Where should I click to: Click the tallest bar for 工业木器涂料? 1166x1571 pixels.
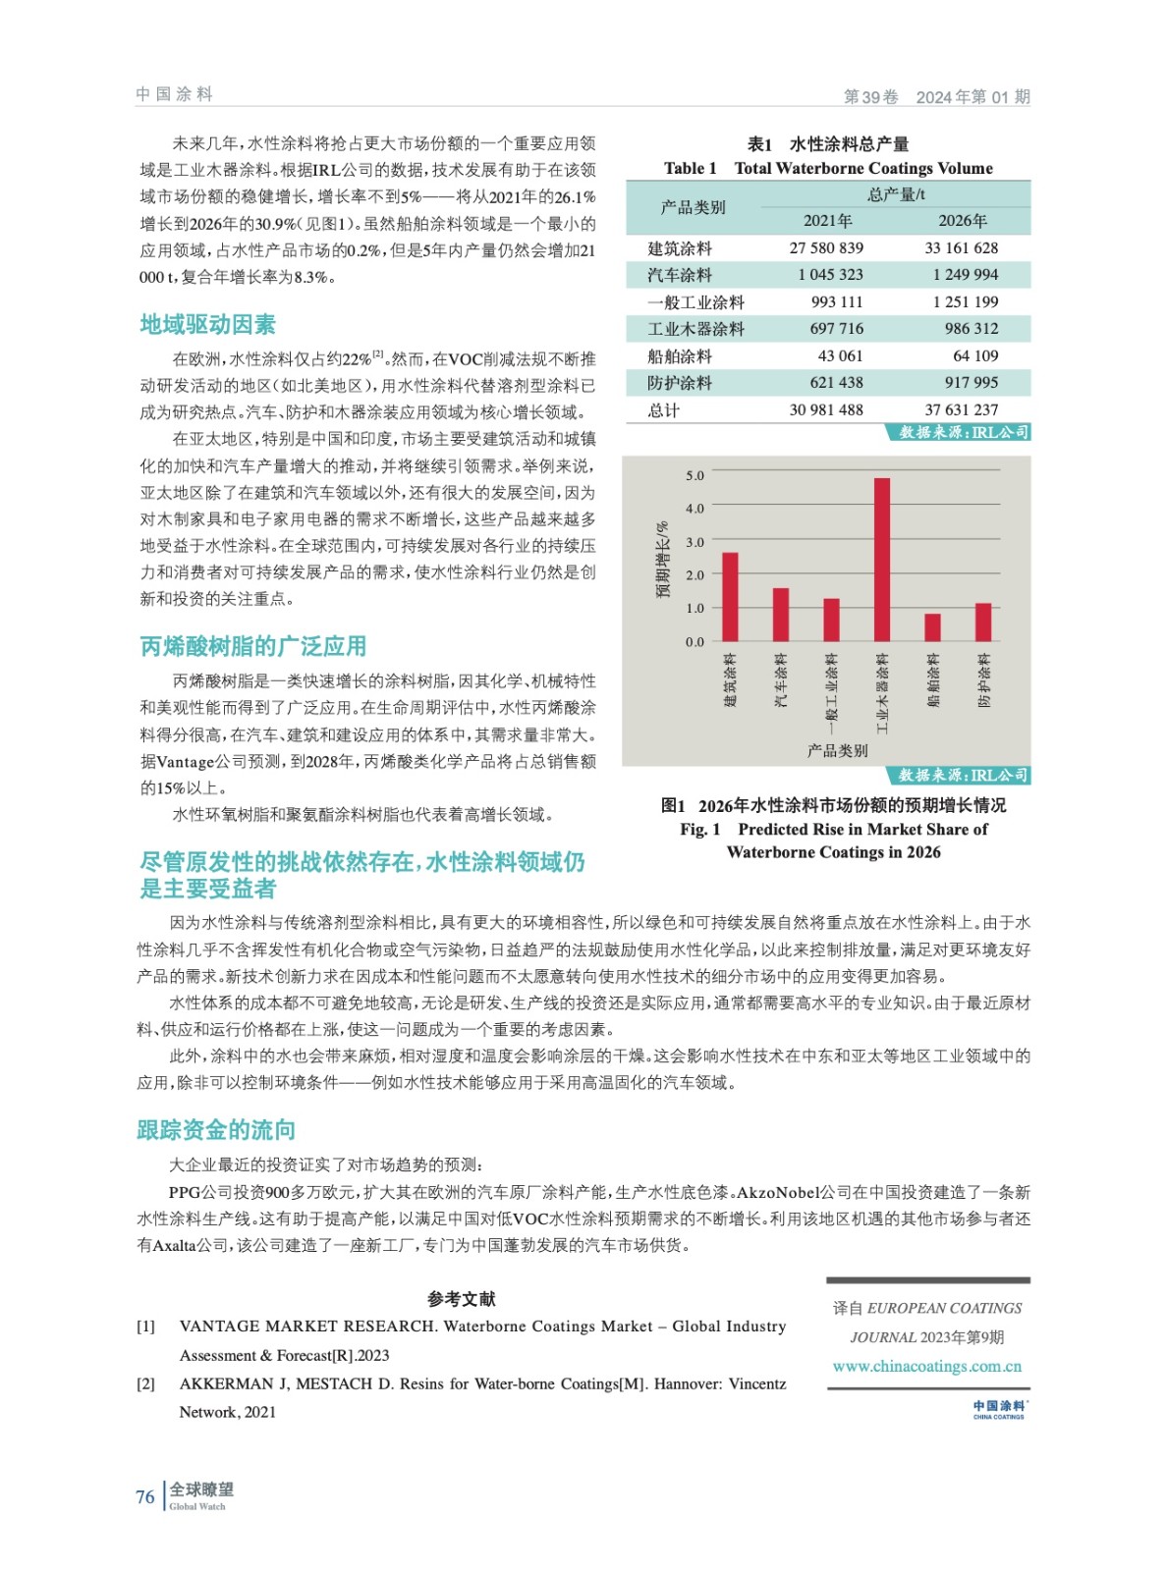point(881,560)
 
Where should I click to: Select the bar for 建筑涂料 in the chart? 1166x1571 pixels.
point(730,597)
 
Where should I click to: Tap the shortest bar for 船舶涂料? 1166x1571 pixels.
point(932,627)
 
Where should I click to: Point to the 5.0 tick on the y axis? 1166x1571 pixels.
point(694,475)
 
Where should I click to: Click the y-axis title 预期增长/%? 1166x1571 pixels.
point(663,559)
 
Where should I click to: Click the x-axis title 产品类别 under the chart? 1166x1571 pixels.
point(837,750)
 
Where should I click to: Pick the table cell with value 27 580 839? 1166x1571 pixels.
point(826,248)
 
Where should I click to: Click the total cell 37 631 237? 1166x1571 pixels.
point(961,409)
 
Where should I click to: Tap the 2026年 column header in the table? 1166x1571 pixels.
point(962,221)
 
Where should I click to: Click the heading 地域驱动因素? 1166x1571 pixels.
point(207,325)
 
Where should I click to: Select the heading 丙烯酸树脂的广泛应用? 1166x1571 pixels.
point(252,646)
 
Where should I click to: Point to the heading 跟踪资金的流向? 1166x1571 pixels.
point(216,1130)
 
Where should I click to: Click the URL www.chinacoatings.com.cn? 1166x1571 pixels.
point(926,1366)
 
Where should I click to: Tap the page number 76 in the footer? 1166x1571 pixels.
point(145,1497)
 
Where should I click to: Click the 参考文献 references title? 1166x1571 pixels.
point(461,1299)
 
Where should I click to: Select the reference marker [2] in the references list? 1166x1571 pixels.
point(145,1383)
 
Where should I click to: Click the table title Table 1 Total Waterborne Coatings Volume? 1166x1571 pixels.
point(828,168)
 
